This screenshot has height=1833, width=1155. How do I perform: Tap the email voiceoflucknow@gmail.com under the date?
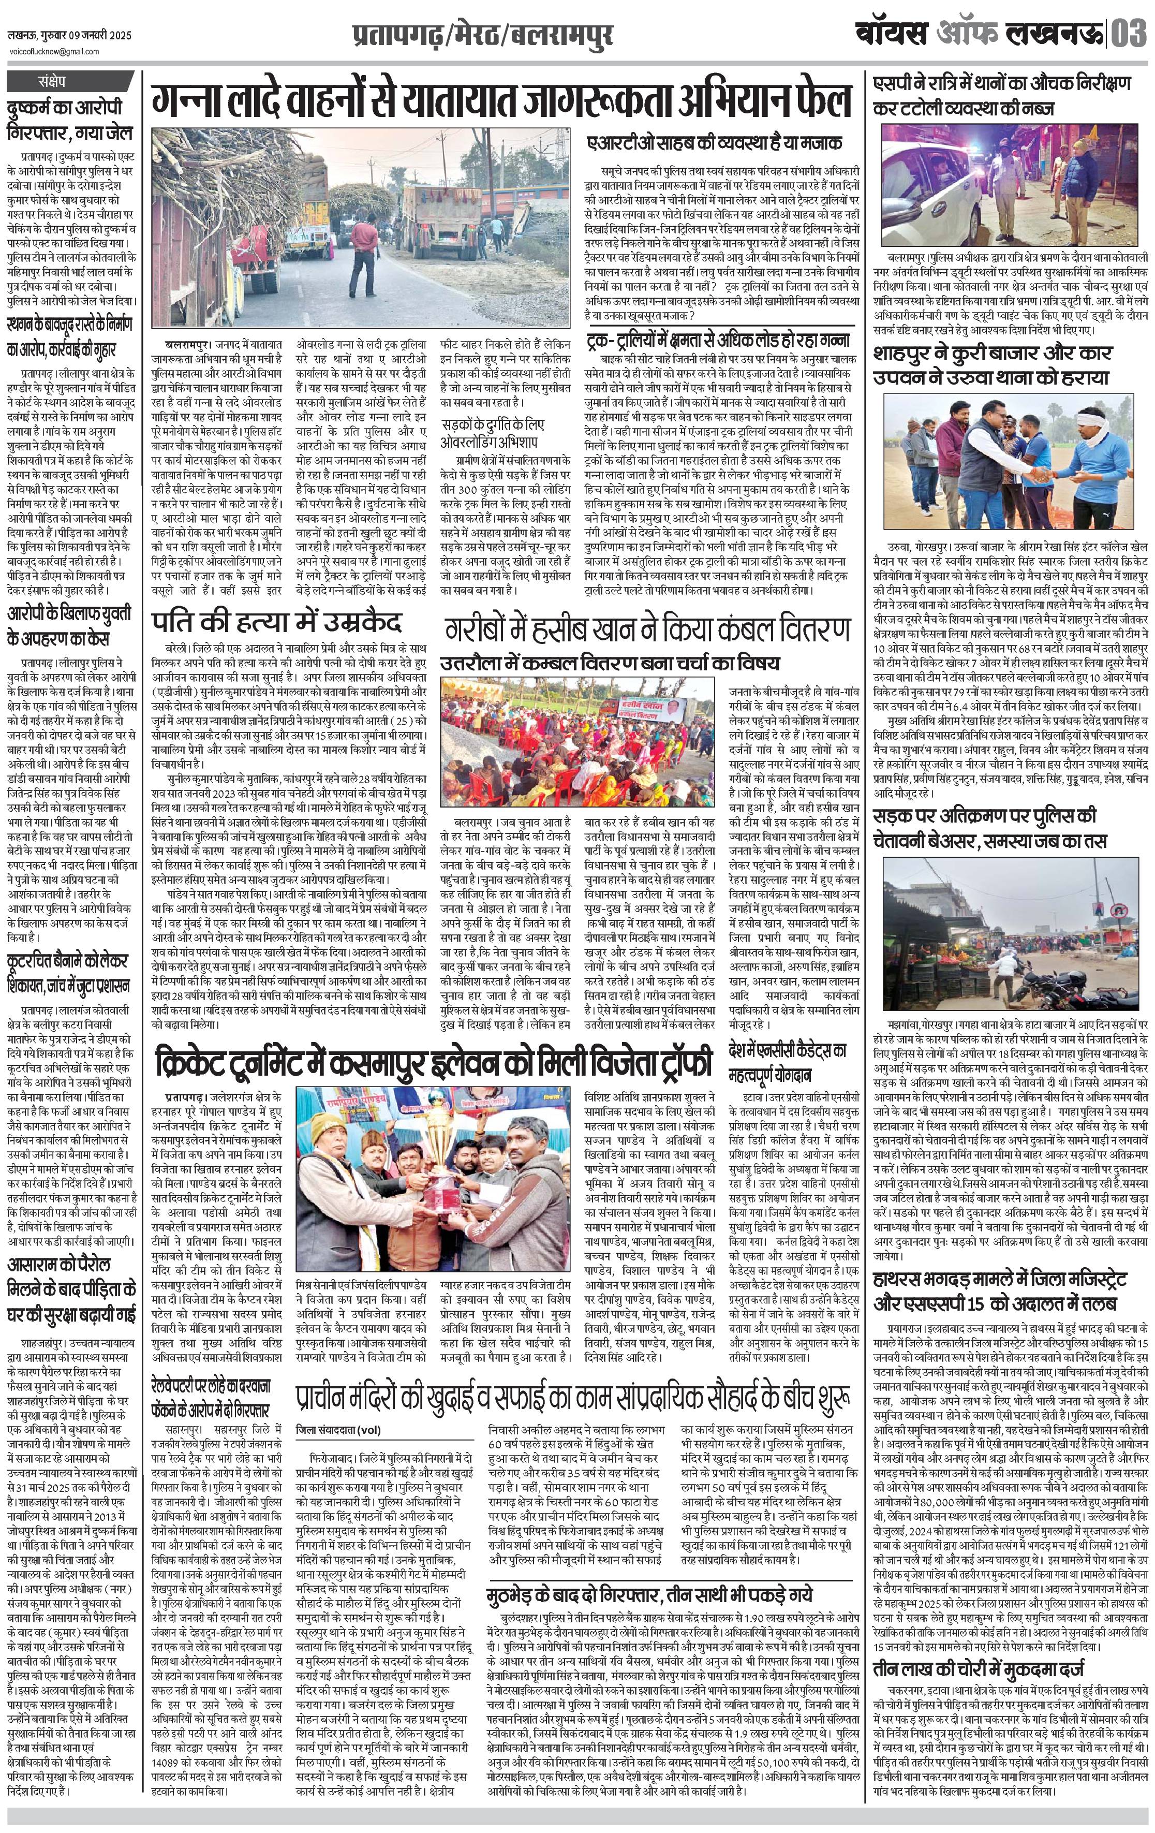click(53, 52)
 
